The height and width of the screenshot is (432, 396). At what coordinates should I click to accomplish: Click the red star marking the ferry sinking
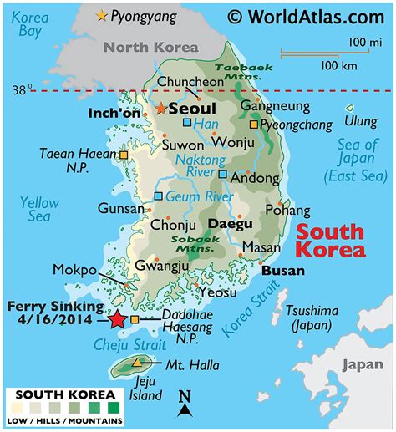click(x=116, y=319)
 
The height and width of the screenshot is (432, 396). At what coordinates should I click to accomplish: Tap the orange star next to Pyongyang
click(x=102, y=15)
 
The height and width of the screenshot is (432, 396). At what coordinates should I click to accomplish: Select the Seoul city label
click(x=192, y=109)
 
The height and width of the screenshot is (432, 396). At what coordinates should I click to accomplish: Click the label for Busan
click(x=282, y=272)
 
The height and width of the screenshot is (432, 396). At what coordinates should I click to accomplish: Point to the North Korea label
click(x=151, y=47)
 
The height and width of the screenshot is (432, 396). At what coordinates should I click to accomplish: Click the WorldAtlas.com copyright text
click(x=306, y=15)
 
